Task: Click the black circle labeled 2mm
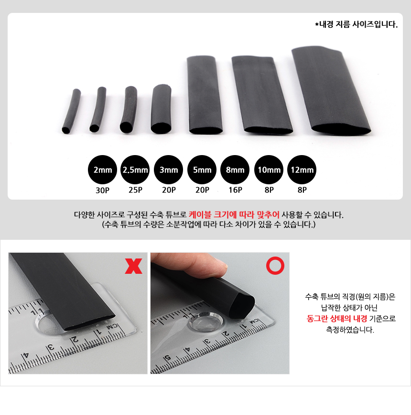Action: pyautogui.click(x=103, y=169)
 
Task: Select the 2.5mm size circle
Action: pyautogui.click(x=135, y=169)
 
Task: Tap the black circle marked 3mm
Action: pyautogui.click(x=169, y=169)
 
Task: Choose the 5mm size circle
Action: pyautogui.click(x=202, y=169)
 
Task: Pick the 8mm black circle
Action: pyautogui.click(x=235, y=169)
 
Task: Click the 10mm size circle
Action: pyautogui.click(x=269, y=169)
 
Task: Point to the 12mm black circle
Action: pyautogui.click(x=302, y=169)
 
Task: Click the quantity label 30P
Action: pyautogui.click(x=103, y=190)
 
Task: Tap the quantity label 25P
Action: pyautogui.click(x=135, y=190)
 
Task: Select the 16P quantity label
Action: pyautogui.click(x=235, y=190)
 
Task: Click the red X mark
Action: pyautogui.click(x=133, y=266)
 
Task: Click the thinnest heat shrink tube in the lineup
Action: pyautogui.click(x=71, y=111)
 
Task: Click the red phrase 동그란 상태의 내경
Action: pyautogui.click(x=337, y=318)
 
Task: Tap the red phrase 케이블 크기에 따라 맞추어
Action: pyautogui.click(x=234, y=214)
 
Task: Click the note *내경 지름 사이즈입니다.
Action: pyautogui.click(x=357, y=24)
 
